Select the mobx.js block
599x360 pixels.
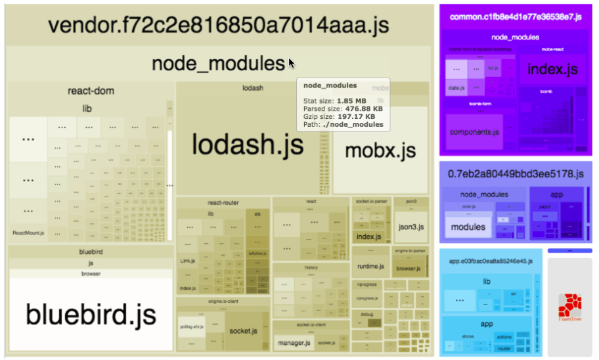pos(380,150)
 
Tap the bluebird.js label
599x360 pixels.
pos(91,314)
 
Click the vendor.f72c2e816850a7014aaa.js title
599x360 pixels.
pos(219,26)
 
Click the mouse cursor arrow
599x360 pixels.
pos(292,64)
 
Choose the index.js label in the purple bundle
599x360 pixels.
pos(553,69)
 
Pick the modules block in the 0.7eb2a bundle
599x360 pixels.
pos(468,227)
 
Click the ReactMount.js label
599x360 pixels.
pos(28,233)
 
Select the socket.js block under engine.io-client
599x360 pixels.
pos(242,331)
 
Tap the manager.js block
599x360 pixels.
pos(293,343)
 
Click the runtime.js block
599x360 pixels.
pos(370,266)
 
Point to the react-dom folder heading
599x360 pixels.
pos(91,91)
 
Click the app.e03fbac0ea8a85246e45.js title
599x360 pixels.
pos(491,261)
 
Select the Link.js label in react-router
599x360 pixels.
pos(187,261)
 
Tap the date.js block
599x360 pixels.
pos(454,88)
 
